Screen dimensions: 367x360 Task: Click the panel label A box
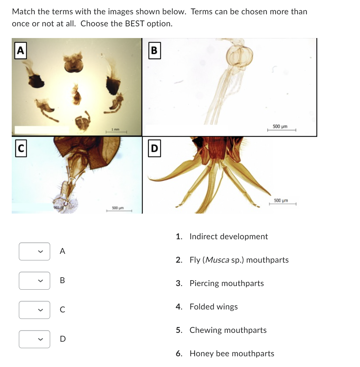coord(20,51)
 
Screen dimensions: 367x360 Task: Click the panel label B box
coord(154,51)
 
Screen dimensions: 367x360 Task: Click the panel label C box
coord(21,148)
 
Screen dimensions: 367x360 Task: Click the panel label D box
coord(154,149)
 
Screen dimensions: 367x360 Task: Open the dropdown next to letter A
coord(35,251)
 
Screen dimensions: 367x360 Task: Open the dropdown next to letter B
coord(35,281)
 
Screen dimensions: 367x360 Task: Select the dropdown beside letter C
coord(35,310)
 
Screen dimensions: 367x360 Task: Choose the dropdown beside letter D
coord(35,339)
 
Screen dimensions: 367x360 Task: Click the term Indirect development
coord(228,237)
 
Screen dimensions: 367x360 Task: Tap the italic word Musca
coord(217,260)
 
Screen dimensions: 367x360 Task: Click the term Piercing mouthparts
coord(227,283)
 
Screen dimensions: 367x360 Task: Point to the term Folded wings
coord(214,307)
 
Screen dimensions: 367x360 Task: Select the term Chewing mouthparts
coord(228,330)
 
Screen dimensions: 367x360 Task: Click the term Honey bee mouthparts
coord(232,354)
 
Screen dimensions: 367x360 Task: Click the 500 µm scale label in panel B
coord(280,126)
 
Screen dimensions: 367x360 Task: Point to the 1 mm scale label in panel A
coord(115,129)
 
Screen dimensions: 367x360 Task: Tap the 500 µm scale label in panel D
coord(281,200)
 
